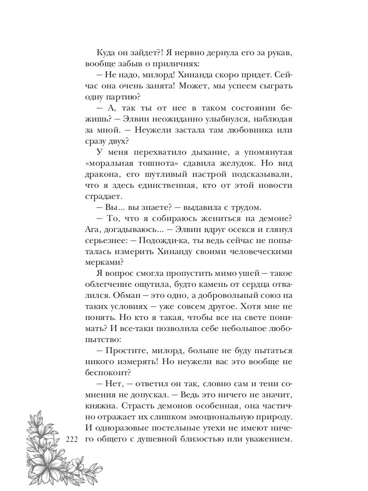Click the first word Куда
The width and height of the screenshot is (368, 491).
coord(107,53)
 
